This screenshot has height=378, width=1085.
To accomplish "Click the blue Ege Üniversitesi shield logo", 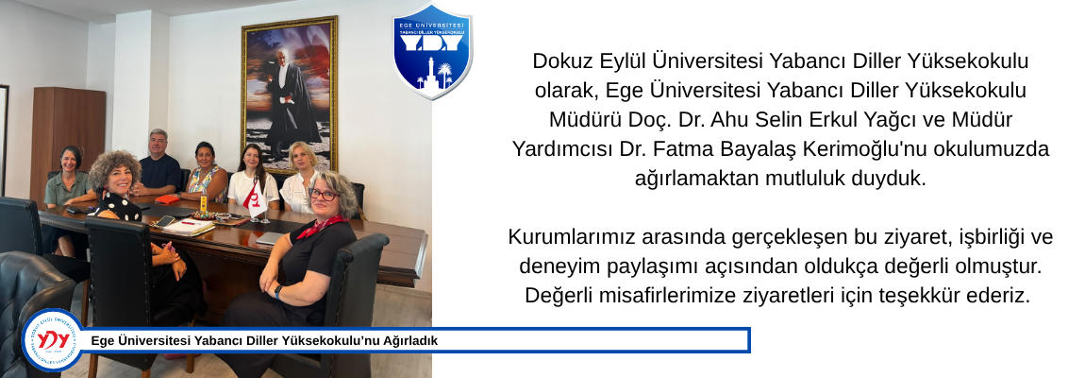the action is point(432,51).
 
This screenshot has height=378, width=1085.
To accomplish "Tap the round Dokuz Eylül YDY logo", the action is point(53,340).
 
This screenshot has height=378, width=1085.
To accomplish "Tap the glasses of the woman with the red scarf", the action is point(323,195).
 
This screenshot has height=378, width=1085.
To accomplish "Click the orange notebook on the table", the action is point(167,199).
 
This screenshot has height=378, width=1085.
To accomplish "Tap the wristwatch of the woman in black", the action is point(278,291).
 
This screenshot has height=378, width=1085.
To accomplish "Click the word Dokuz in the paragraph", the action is point(559,61).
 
